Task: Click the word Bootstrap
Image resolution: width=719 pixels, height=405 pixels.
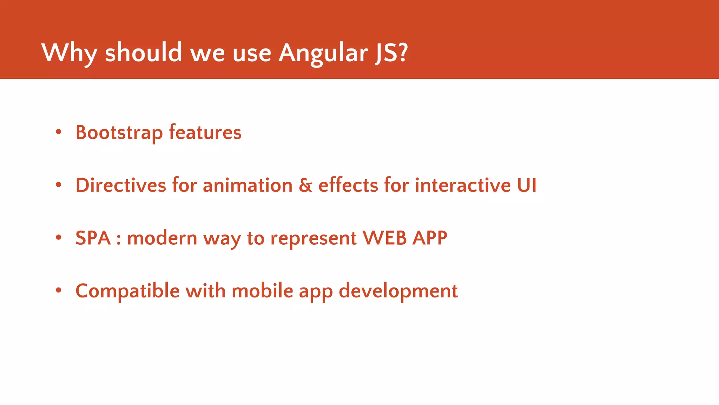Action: point(119,133)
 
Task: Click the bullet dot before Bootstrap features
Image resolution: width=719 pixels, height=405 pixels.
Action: point(59,132)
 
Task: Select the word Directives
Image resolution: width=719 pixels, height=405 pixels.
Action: point(120,185)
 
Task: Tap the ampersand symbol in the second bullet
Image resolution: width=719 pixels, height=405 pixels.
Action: point(305,185)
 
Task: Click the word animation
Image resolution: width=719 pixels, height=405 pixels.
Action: point(248,185)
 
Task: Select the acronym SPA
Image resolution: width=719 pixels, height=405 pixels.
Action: point(93,238)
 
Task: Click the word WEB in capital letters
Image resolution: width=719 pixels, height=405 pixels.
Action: point(384,238)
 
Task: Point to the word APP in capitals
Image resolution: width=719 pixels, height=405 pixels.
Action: point(430,238)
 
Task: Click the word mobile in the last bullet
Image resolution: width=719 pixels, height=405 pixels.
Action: point(262,291)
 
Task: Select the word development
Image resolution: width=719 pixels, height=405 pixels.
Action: point(398,291)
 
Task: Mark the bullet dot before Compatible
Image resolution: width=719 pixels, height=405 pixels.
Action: point(59,290)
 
